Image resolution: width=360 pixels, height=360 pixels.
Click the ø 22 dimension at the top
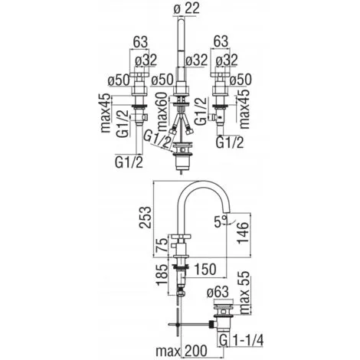[186, 9]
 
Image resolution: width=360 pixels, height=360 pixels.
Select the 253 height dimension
[145, 217]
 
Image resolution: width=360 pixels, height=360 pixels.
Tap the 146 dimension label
[242, 232]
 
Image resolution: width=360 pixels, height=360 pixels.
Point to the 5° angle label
[221, 221]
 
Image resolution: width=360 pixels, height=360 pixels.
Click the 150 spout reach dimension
[205, 269]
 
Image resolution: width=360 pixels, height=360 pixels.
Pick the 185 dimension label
[162, 275]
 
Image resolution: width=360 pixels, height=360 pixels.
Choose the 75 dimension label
[162, 244]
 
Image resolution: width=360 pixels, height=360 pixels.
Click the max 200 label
[182, 351]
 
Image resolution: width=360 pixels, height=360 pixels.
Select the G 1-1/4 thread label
[241, 340]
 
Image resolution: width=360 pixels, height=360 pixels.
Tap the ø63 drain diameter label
[218, 292]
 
